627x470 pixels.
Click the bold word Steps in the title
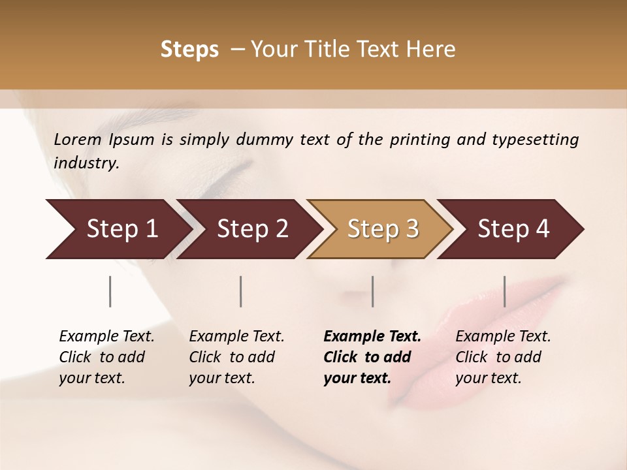coord(189,50)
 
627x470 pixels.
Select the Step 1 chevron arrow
coord(118,229)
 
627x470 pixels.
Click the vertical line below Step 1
coord(110,291)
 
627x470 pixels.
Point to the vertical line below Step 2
coord(241,291)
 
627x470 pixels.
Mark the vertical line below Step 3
coord(373,291)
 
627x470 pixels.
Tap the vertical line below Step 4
coord(505,291)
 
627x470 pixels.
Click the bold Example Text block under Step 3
coord(372,357)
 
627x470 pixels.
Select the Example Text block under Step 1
coord(106,357)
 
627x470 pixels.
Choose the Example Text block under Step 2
coord(236,357)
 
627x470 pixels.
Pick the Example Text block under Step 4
coord(502,357)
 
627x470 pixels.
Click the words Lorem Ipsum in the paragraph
coord(104,140)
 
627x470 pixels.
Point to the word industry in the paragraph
coord(86,163)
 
